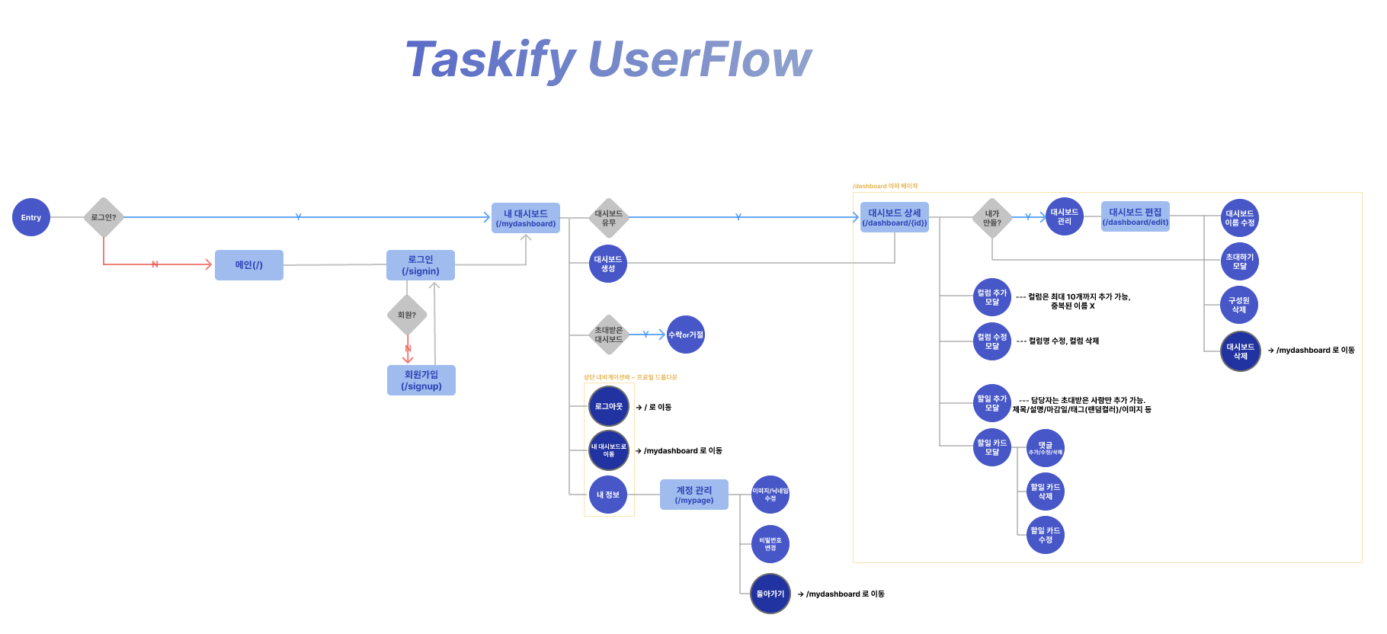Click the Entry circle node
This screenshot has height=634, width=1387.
click(x=31, y=217)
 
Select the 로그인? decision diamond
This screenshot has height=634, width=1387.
click(x=104, y=217)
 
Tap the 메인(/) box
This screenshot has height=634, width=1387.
click(x=249, y=265)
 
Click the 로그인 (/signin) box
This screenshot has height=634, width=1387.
click(x=421, y=265)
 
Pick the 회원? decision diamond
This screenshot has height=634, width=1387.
click(x=407, y=315)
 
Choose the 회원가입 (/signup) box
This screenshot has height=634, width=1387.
click(x=421, y=380)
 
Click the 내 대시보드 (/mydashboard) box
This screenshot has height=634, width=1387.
click(x=526, y=218)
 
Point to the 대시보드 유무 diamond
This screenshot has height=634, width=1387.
click(x=608, y=218)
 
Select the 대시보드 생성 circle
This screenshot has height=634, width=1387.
click(x=608, y=264)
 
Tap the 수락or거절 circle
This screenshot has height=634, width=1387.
click(x=686, y=335)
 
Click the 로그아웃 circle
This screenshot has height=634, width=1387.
click(x=609, y=406)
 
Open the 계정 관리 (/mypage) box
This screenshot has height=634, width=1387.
click(x=694, y=495)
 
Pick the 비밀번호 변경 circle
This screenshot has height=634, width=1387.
click(x=770, y=544)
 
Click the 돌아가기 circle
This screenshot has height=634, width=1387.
click(x=770, y=594)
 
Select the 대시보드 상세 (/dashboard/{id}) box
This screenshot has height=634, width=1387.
click(x=895, y=217)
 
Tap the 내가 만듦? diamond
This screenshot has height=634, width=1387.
click(x=992, y=218)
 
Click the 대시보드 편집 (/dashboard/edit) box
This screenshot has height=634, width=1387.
click(x=1136, y=216)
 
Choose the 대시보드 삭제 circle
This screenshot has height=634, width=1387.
click(x=1241, y=351)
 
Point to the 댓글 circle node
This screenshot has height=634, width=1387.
click(x=1046, y=448)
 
